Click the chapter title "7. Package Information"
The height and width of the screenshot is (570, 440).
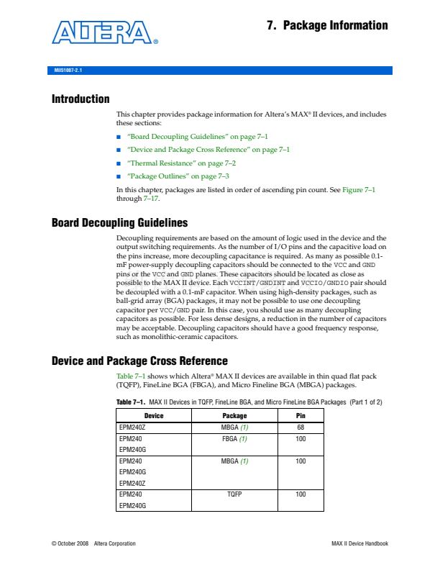coord(327,26)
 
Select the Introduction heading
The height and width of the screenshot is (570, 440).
coord(81,99)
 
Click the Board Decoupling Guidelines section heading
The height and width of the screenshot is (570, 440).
coord(119,222)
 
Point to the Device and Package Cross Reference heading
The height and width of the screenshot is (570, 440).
coord(139,361)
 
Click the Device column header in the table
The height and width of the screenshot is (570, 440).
coord(154,416)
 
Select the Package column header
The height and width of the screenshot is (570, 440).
coord(234,416)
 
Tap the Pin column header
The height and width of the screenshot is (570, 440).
coord(301,416)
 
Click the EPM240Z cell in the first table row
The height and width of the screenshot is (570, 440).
coord(133,427)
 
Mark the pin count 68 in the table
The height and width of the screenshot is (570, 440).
coord(301,427)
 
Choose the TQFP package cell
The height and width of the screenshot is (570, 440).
coord(234,494)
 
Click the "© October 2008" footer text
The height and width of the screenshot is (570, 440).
coord(70,543)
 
